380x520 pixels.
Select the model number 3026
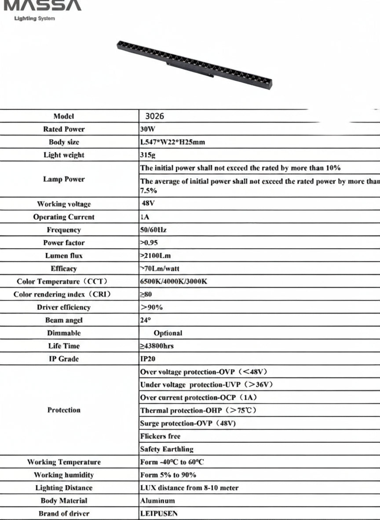[x=155, y=116]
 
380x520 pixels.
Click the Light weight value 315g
[x=147, y=155]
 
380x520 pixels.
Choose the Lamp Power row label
[x=64, y=179]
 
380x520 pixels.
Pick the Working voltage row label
[x=64, y=204]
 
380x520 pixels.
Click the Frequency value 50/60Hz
[x=153, y=230]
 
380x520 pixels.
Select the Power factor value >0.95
[x=149, y=242]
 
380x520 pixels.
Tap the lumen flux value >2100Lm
[x=155, y=256]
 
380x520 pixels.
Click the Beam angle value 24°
[x=146, y=320]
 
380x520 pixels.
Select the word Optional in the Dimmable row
[x=168, y=333]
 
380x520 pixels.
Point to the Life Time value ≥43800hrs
[x=157, y=346]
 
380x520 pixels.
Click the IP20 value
[x=147, y=359]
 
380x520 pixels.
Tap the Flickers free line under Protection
[x=160, y=436]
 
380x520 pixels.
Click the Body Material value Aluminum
[x=157, y=500]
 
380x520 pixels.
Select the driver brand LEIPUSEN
[x=159, y=513]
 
